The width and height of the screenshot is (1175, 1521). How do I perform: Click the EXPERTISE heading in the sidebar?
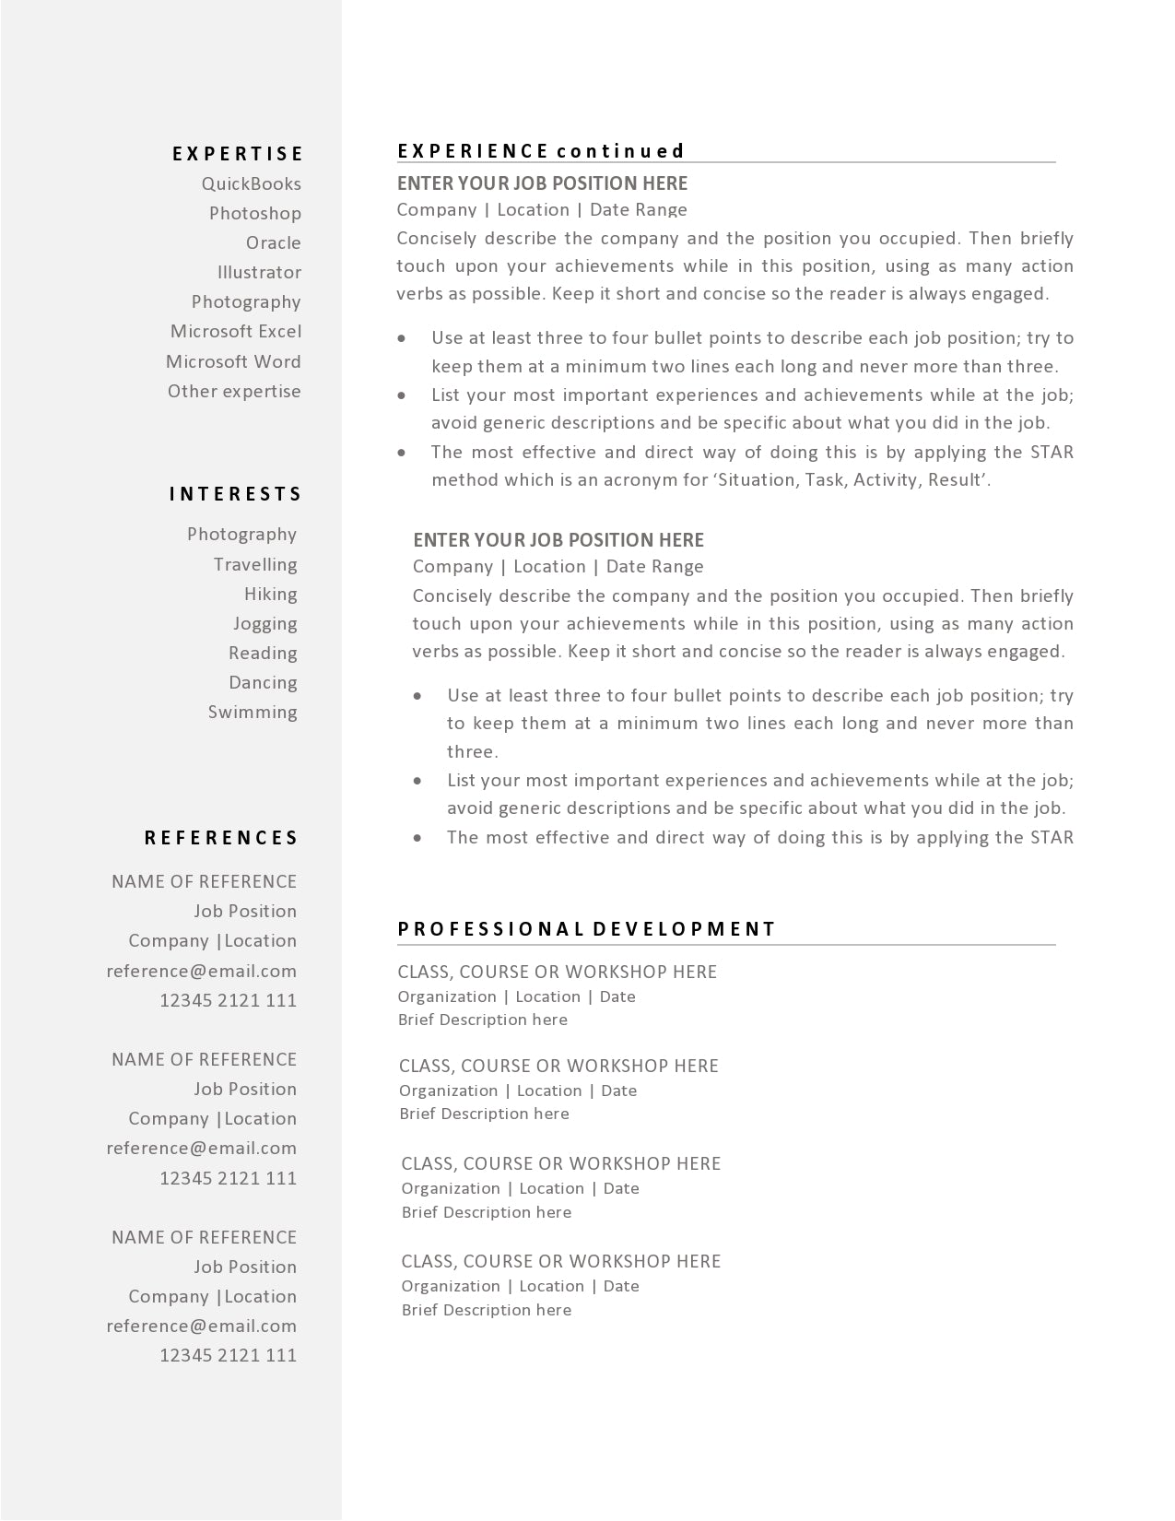point(238,154)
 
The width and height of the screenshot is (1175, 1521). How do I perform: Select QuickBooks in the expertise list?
point(252,183)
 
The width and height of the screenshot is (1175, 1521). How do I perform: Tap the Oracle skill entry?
point(274,242)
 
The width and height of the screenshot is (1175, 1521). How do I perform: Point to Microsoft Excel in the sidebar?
point(236,331)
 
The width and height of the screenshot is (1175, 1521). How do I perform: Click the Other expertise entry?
point(234,391)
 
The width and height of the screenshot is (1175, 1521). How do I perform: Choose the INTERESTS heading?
point(236,494)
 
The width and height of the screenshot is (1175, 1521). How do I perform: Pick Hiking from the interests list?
point(271,594)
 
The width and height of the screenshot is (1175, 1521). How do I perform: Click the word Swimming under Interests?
point(253,712)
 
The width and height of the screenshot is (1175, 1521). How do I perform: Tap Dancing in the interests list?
point(264,682)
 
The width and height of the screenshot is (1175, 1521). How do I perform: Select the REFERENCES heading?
point(222,838)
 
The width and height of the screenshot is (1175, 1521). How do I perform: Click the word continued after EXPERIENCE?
point(621,151)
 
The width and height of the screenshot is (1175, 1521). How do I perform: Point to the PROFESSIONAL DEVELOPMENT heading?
point(587,929)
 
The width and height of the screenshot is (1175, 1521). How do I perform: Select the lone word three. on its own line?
point(473,751)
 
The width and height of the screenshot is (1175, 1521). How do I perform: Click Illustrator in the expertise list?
point(260,272)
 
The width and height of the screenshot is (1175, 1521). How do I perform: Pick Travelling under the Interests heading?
point(255,564)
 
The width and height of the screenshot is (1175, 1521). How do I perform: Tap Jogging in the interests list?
point(265,623)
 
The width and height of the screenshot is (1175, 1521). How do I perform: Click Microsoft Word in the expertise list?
point(233,361)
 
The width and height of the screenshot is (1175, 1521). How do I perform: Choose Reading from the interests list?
point(264,653)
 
